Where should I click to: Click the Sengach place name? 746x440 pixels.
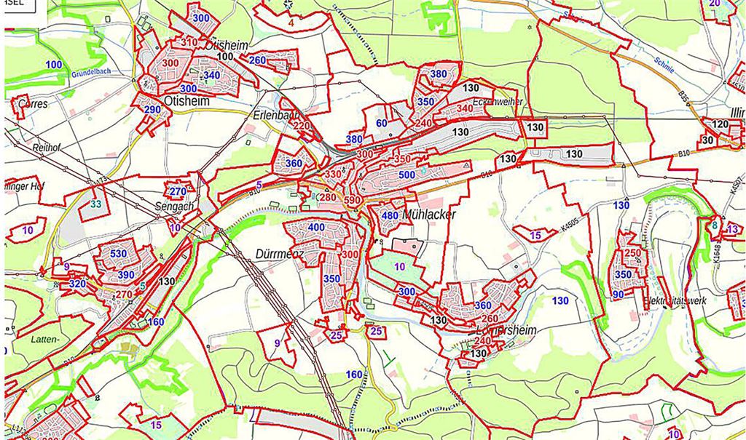[x=176, y=207]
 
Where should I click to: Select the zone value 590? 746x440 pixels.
[x=353, y=200]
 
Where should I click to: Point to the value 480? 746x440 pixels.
[x=390, y=215]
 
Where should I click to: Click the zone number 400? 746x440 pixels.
[x=316, y=228]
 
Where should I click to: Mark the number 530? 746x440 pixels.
[x=119, y=254]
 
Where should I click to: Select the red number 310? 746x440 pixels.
[x=189, y=42]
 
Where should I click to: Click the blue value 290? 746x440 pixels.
[x=152, y=110]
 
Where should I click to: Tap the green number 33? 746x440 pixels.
[x=96, y=204]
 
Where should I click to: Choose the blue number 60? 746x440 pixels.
[x=382, y=123]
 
